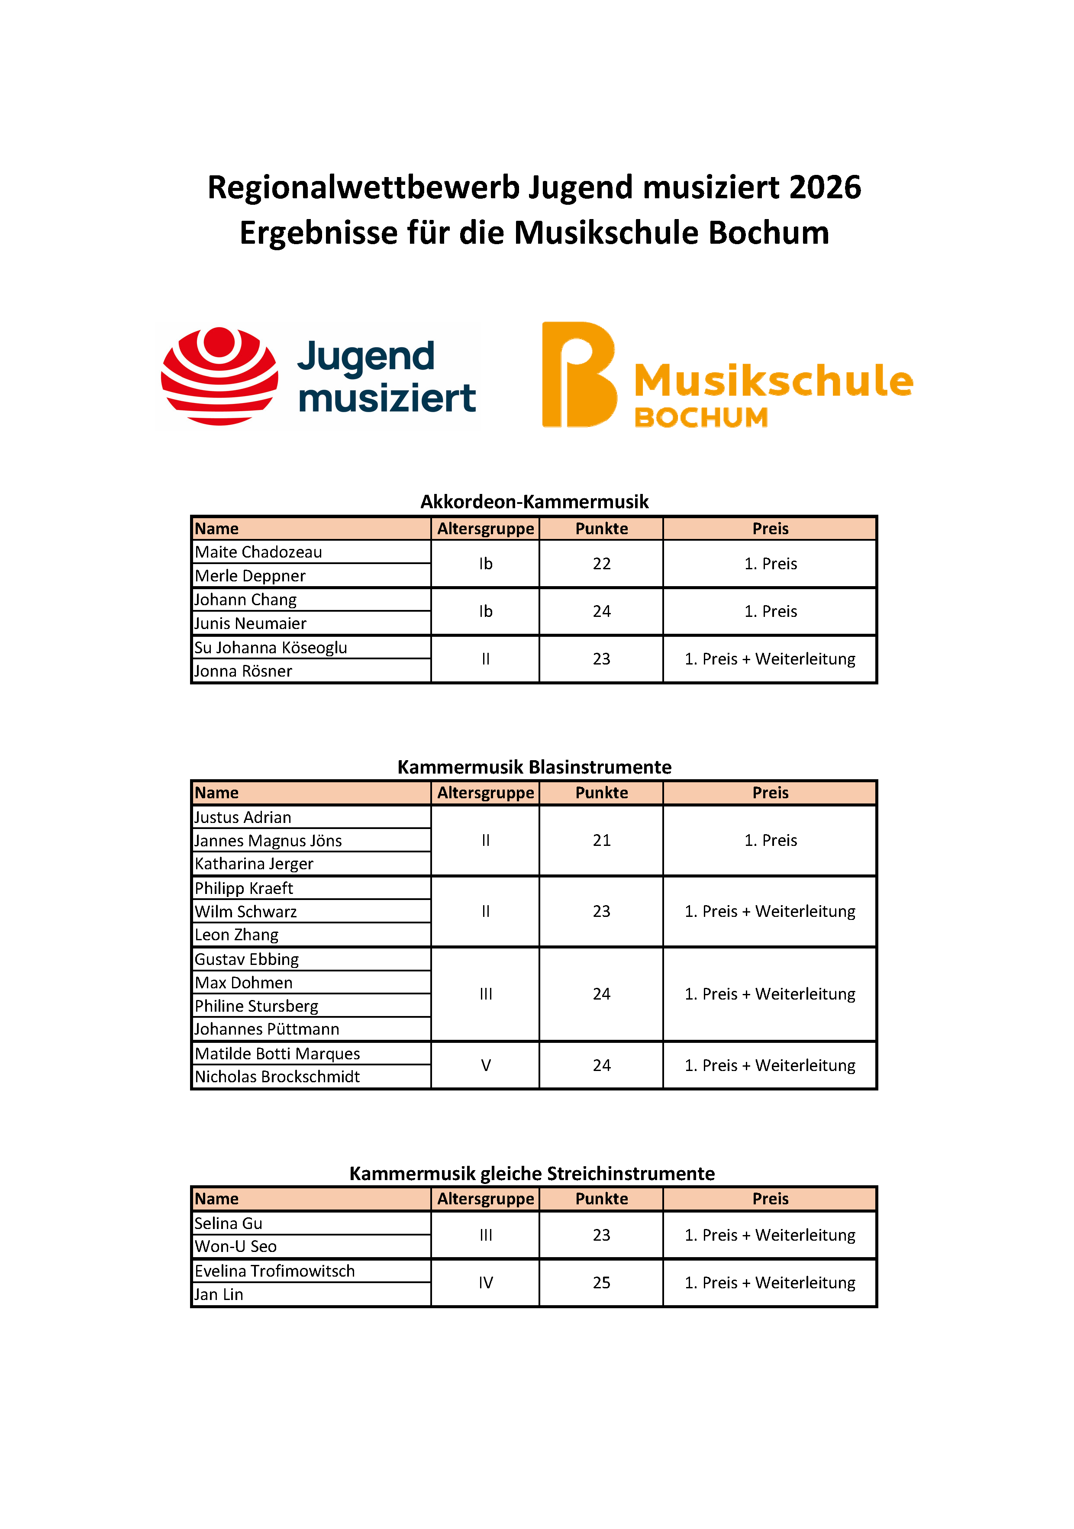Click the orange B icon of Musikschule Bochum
click(578, 375)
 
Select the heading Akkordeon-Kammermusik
click(534, 501)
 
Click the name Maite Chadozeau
click(258, 552)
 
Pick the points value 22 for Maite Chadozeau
click(601, 564)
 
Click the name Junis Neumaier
click(250, 624)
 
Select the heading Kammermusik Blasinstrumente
click(534, 767)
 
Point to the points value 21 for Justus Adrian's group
click(601, 840)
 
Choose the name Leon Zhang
click(236, 935)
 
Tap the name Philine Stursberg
click(256, 1006)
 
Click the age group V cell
click(485, 1065)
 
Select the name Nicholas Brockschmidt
click(277, 1077)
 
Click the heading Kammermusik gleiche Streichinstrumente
click(532, 1174)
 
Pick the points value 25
click(601, 1283)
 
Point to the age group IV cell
click(485, 1283)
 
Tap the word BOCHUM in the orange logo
click(701, 418)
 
